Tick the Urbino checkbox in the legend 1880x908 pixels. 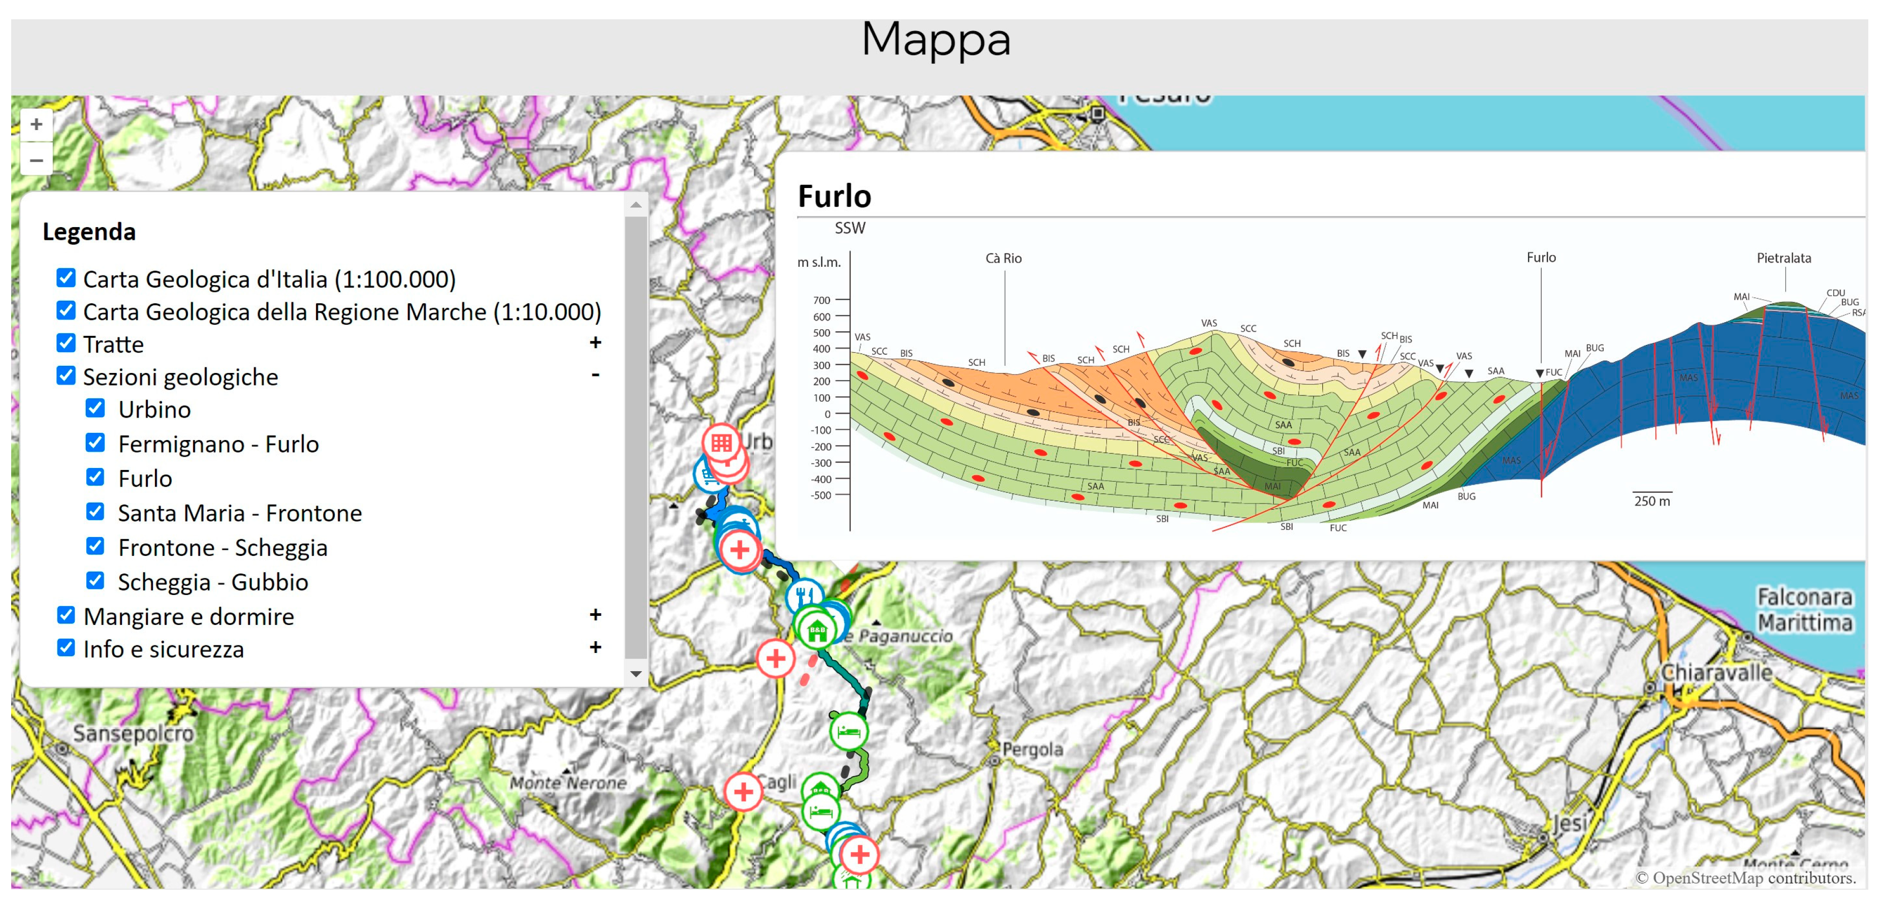[95, 408]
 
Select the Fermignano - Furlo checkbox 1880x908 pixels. [95, 443]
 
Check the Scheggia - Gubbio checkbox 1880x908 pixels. [95, 580]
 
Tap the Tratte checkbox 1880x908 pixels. [66, 342]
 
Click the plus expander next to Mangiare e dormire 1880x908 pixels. [595, 615]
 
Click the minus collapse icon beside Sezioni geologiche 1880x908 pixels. [595, 374]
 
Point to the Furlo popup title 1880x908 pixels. [834, 196]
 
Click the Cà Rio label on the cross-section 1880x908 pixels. [1003, 259]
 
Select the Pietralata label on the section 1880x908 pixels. [1783, 258]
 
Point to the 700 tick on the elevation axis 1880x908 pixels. [822, 300]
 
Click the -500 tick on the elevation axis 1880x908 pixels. [820, 495]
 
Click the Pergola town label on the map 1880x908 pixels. [1032, 749]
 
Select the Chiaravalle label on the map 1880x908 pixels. [1716, 672]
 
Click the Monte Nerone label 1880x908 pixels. [568, 782]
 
